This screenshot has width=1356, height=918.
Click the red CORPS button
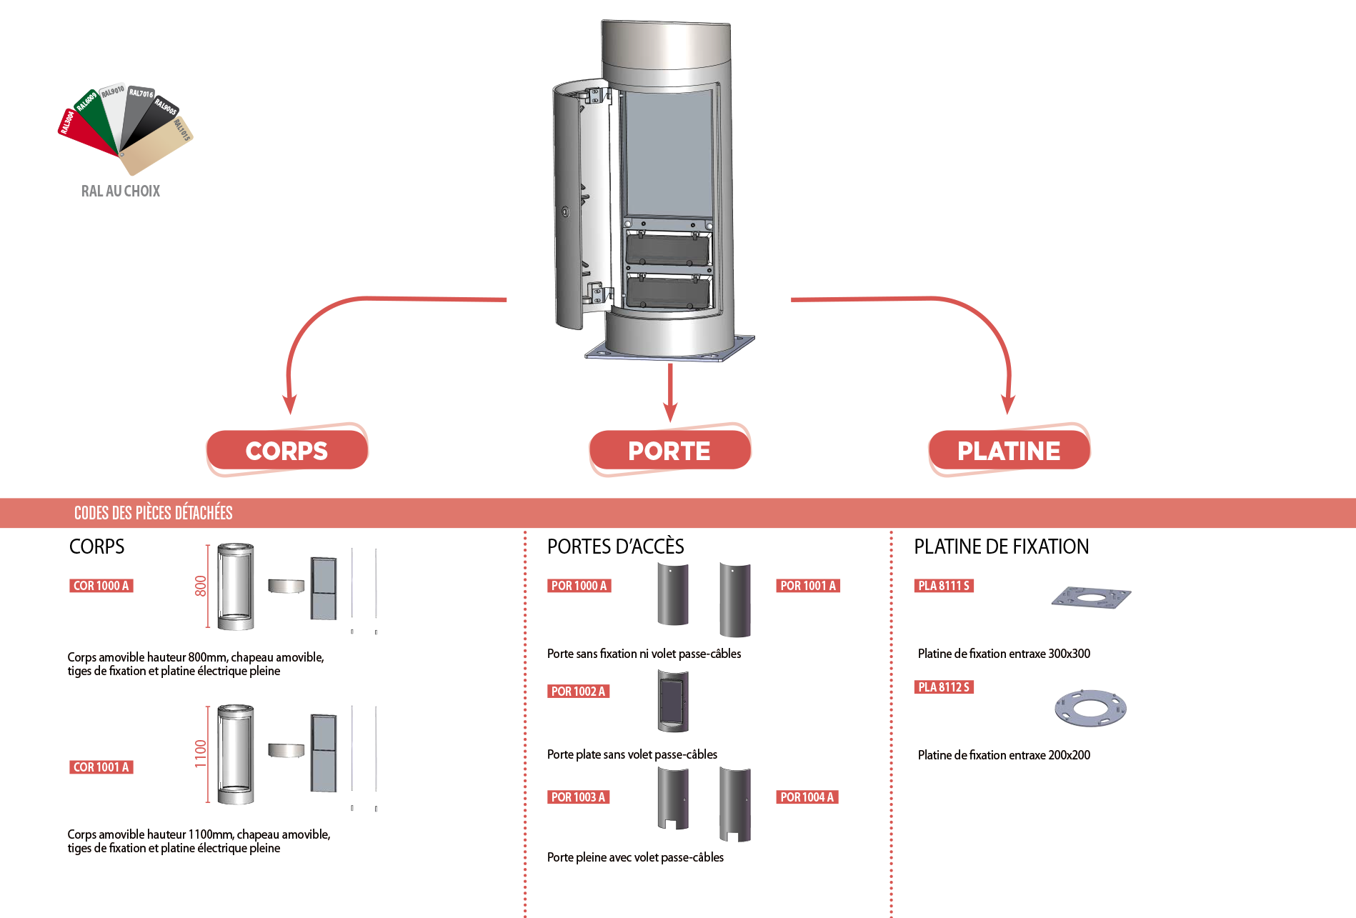point(286,450)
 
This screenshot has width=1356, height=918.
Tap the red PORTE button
point(669,450)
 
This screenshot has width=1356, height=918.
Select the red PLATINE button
point(1009,450)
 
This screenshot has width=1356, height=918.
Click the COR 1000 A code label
point(101,586)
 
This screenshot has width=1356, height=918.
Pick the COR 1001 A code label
point(101,767)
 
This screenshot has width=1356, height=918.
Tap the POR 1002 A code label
point(578,692)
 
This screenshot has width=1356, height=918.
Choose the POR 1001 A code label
point(807,586)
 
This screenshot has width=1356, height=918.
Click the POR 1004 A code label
point(807,797)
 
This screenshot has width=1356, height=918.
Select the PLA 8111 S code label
point(944,586)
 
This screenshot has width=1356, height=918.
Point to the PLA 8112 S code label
point(944,687)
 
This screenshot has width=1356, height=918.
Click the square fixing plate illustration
point(1091,597)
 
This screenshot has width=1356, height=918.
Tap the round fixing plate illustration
point(1090,708)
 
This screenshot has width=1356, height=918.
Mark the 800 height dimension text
point(201,587)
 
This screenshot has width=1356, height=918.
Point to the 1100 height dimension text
point(201,754)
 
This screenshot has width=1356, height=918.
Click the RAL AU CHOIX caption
point(121,191)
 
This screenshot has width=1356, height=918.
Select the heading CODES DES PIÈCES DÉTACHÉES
point(153,513)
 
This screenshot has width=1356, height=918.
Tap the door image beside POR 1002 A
point(673,702)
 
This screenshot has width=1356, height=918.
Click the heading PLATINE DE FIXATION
point(1001,547)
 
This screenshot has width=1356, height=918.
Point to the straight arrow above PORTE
point(669,392)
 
